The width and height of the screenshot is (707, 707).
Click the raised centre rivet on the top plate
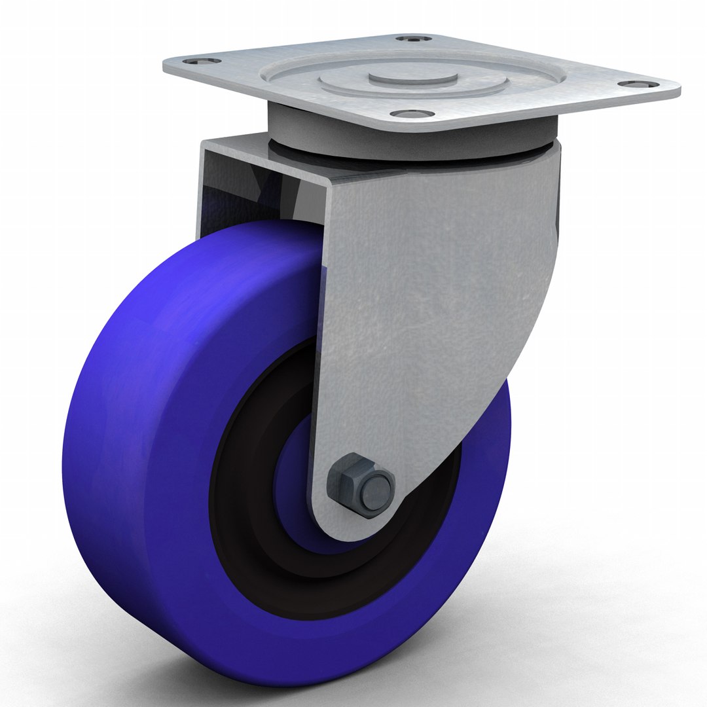point(412,77)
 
